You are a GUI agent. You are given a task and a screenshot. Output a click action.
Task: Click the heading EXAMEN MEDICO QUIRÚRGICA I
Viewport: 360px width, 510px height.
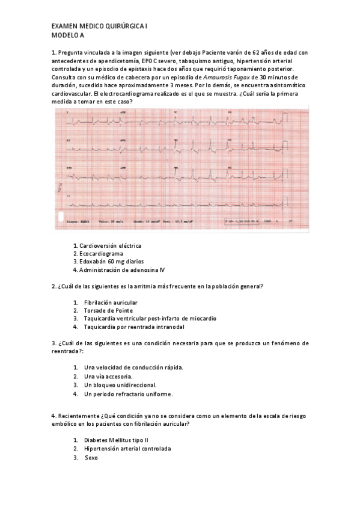tap(99, 27)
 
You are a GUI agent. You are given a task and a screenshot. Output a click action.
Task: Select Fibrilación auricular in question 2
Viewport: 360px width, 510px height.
tap(111, 302)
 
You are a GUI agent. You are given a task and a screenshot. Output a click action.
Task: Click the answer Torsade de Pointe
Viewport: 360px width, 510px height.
tap(109, 310)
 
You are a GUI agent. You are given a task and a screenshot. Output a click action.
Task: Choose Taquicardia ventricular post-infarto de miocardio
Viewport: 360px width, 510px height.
tap(150, 318)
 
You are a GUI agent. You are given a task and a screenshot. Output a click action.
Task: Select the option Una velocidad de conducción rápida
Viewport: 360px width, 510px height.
tap(134, 367)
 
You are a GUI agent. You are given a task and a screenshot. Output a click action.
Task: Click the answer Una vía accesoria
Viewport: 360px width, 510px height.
tap(109, 376)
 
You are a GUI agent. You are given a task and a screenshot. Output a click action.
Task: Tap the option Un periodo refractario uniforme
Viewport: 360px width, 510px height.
tap(129, 394)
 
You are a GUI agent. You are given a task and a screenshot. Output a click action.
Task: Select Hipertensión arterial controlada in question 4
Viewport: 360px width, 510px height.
tap(127, 449)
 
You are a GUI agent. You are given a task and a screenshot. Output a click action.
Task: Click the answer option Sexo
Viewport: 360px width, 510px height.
tap(91, 458)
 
